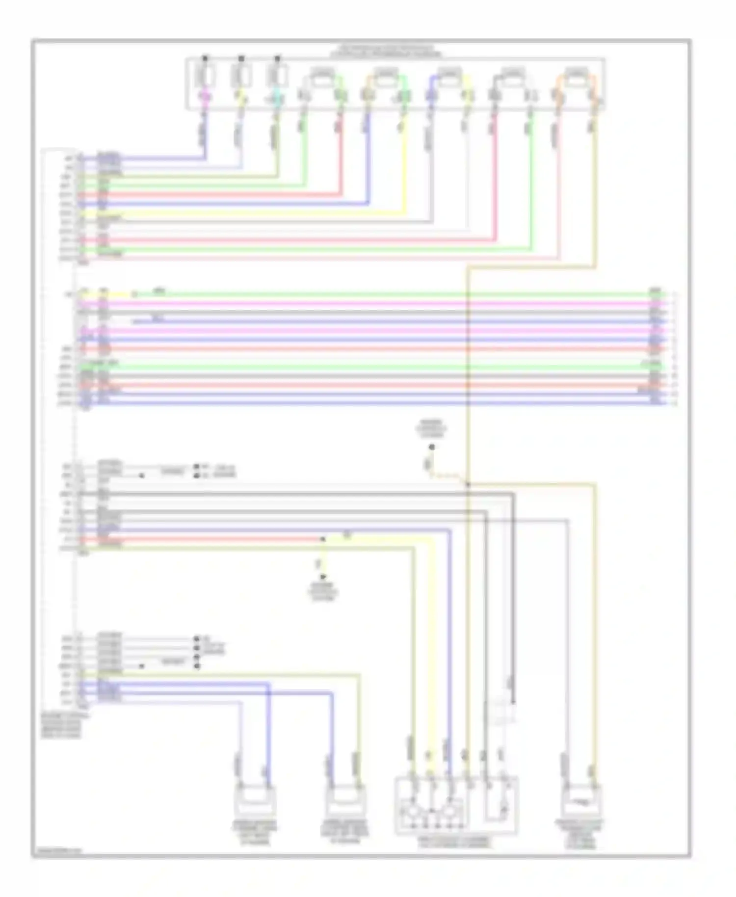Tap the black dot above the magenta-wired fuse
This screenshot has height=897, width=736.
[x=205, y=58]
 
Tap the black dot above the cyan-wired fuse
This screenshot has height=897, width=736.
[x=277, y=58]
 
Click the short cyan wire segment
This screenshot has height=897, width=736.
[x=277, y=100]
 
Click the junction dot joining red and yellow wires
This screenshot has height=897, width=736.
[x=323, y=539]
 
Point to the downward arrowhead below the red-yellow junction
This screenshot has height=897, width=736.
[x=323, y=577]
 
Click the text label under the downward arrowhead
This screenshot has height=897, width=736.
[x=323, y=592]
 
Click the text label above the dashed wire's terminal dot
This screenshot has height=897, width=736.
[x=431, y=429]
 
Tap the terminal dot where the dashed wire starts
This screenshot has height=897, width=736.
[x=432, y=447]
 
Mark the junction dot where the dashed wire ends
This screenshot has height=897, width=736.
[x=468, y=484]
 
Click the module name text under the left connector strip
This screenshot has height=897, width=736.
[x=62, y=726]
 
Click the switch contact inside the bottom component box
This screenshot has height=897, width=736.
[x=501, y=805]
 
